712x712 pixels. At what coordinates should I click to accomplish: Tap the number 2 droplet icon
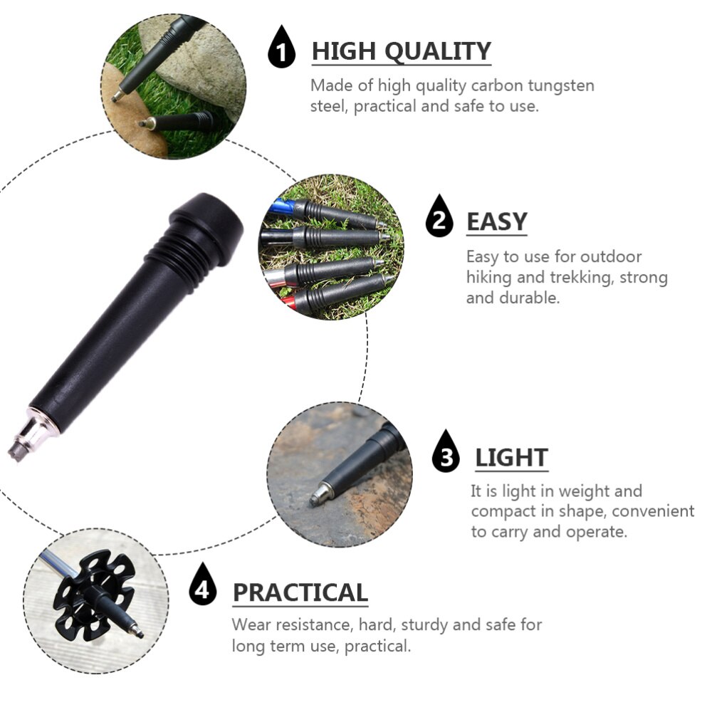coord(439,219)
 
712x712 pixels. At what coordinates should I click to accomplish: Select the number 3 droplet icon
coord(446,454)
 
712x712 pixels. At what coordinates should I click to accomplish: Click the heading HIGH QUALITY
coord(402,52)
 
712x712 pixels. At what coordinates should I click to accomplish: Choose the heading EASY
coord(496,222)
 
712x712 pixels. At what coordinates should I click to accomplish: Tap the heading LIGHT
coord(511,457)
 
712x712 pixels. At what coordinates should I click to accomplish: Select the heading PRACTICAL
coord(300,592)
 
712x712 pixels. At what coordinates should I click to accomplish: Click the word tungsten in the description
coord(560,86)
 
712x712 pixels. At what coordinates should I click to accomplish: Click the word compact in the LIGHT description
coord(503,511)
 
